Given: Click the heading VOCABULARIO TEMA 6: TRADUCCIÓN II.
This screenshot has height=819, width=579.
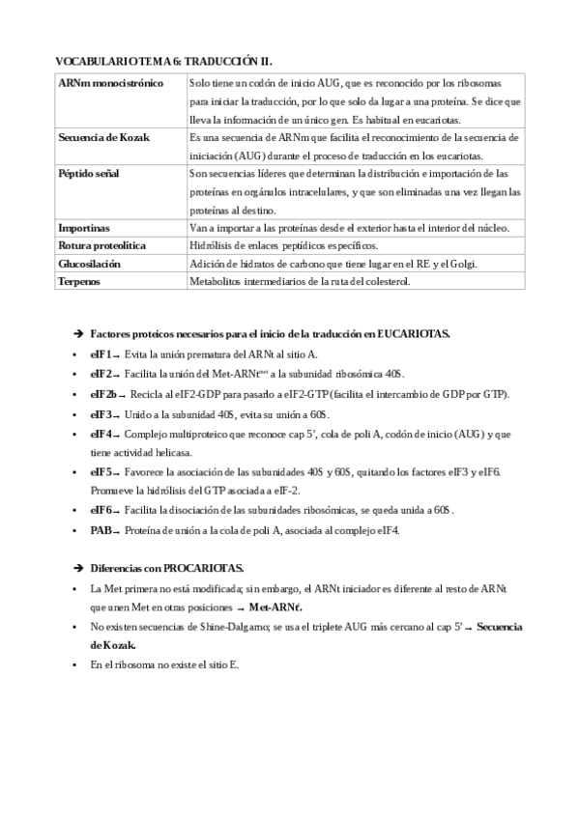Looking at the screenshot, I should tap(169, 59).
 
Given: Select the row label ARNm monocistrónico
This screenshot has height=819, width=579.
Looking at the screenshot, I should tap(110, 84).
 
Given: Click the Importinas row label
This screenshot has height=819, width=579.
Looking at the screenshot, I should tap(84, 228).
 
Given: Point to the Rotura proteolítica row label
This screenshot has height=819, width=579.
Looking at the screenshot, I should tap(101, 245).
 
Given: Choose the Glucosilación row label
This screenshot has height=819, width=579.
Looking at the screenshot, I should tap(90, 264).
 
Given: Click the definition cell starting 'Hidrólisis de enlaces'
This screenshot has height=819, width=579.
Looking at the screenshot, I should tap(284, 245).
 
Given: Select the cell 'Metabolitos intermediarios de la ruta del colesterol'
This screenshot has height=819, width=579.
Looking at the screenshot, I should tap(301, 281).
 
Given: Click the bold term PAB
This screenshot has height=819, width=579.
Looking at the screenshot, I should tap(101, 529).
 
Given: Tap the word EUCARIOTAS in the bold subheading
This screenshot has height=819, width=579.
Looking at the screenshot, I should tap(413, 333).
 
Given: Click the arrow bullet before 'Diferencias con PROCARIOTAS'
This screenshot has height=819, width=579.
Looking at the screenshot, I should tap(78, 567).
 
